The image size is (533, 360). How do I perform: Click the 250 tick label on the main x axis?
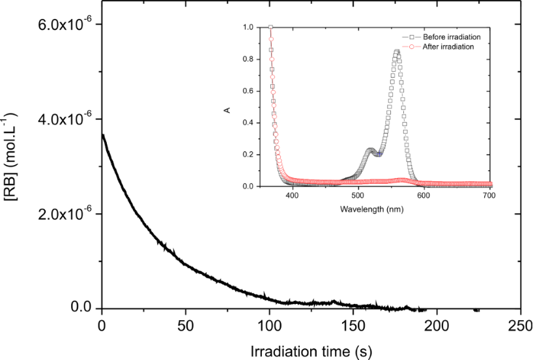click(520, 325)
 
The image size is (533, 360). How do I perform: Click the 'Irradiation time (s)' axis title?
click(311, 350)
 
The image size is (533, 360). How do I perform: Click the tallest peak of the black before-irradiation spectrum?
click(396, 52)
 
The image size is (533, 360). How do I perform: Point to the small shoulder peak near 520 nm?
click(371, 151)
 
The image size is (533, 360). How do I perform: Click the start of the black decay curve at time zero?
click(102, 135)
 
